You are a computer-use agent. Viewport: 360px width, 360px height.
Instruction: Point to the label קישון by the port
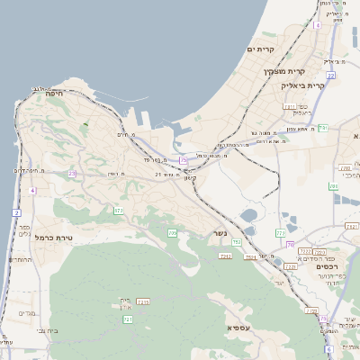coord(189,178)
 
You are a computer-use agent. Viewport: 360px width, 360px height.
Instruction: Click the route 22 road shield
coord(331,76)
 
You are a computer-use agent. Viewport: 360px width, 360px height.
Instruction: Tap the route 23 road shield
coord(72,173)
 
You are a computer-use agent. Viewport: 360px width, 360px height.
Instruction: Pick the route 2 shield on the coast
coord(16,212)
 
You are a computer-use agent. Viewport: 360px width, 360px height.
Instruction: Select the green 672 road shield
coord(118,210)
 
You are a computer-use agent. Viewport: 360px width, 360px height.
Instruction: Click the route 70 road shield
coord(290,243)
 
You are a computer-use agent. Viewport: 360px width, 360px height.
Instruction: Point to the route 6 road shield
coord(329,348)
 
